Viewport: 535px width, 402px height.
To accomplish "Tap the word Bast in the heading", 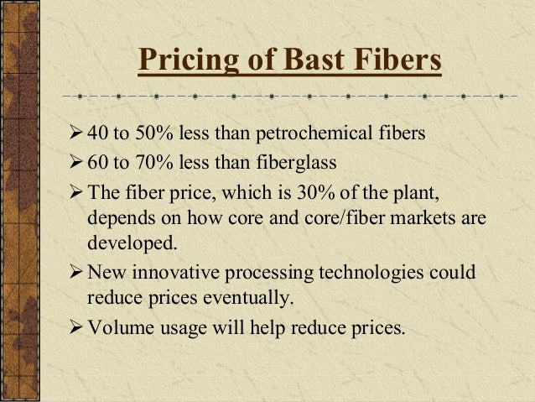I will point(289,60).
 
